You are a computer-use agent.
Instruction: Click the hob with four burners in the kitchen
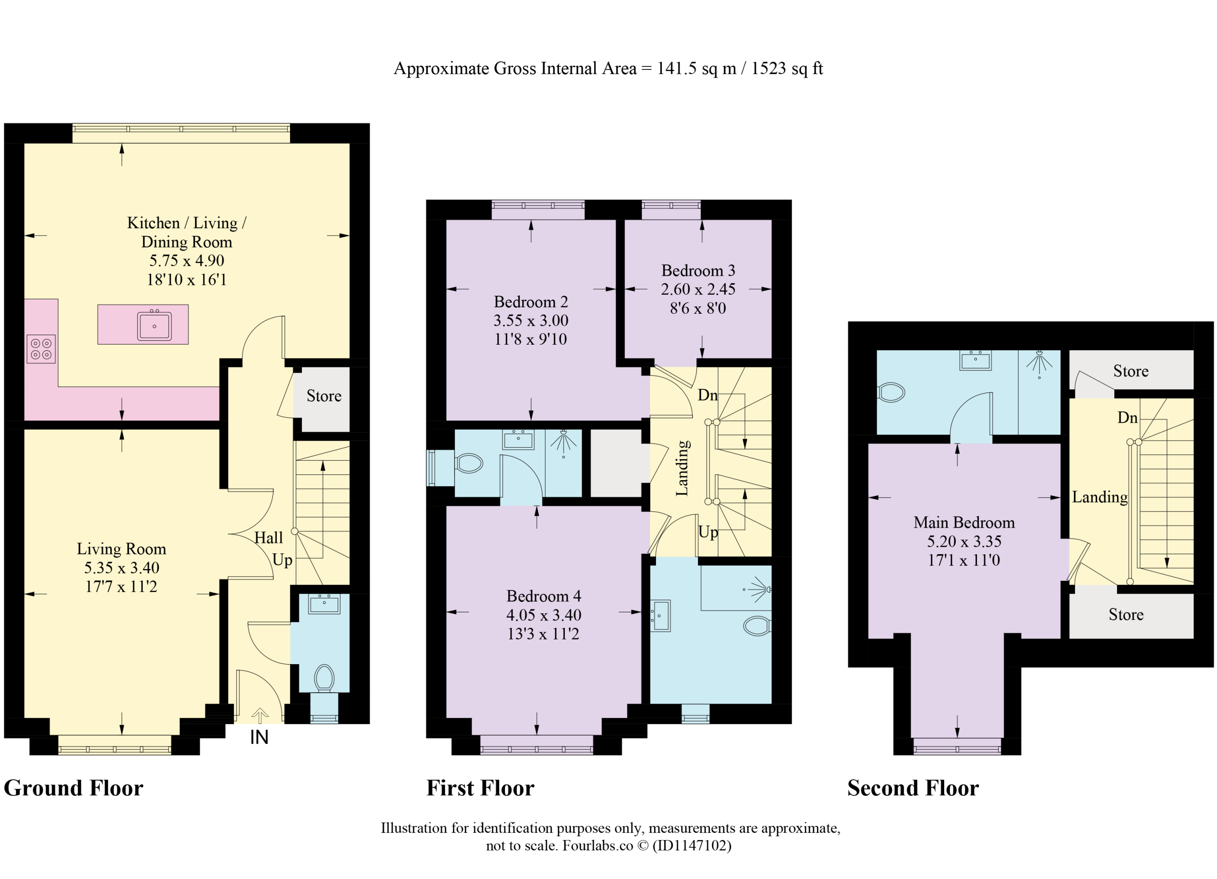coord(41,349)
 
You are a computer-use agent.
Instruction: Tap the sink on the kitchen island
coord(154,325)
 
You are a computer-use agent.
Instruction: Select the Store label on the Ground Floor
coord(324,396)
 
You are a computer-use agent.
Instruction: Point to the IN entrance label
coord(259,737)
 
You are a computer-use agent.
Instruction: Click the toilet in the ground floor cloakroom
coord(324,678)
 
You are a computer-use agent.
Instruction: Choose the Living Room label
coord(121,549)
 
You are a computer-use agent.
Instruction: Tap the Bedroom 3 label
coord(698,270)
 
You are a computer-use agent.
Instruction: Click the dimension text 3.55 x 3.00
coord(531,320)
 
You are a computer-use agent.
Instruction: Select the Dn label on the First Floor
coord(708,396)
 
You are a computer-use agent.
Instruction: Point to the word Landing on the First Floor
coord(682,468)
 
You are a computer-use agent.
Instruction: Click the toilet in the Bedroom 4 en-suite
coord(757,626)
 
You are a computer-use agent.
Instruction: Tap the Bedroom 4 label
coord(543,596)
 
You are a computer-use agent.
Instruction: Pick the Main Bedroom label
coord(964,522)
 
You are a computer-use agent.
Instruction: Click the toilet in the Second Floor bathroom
coord(891,392)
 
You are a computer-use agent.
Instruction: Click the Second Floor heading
coord(913,788)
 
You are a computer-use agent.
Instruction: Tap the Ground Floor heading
coord(74,788)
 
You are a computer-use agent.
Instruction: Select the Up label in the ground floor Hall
coord(282,560)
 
